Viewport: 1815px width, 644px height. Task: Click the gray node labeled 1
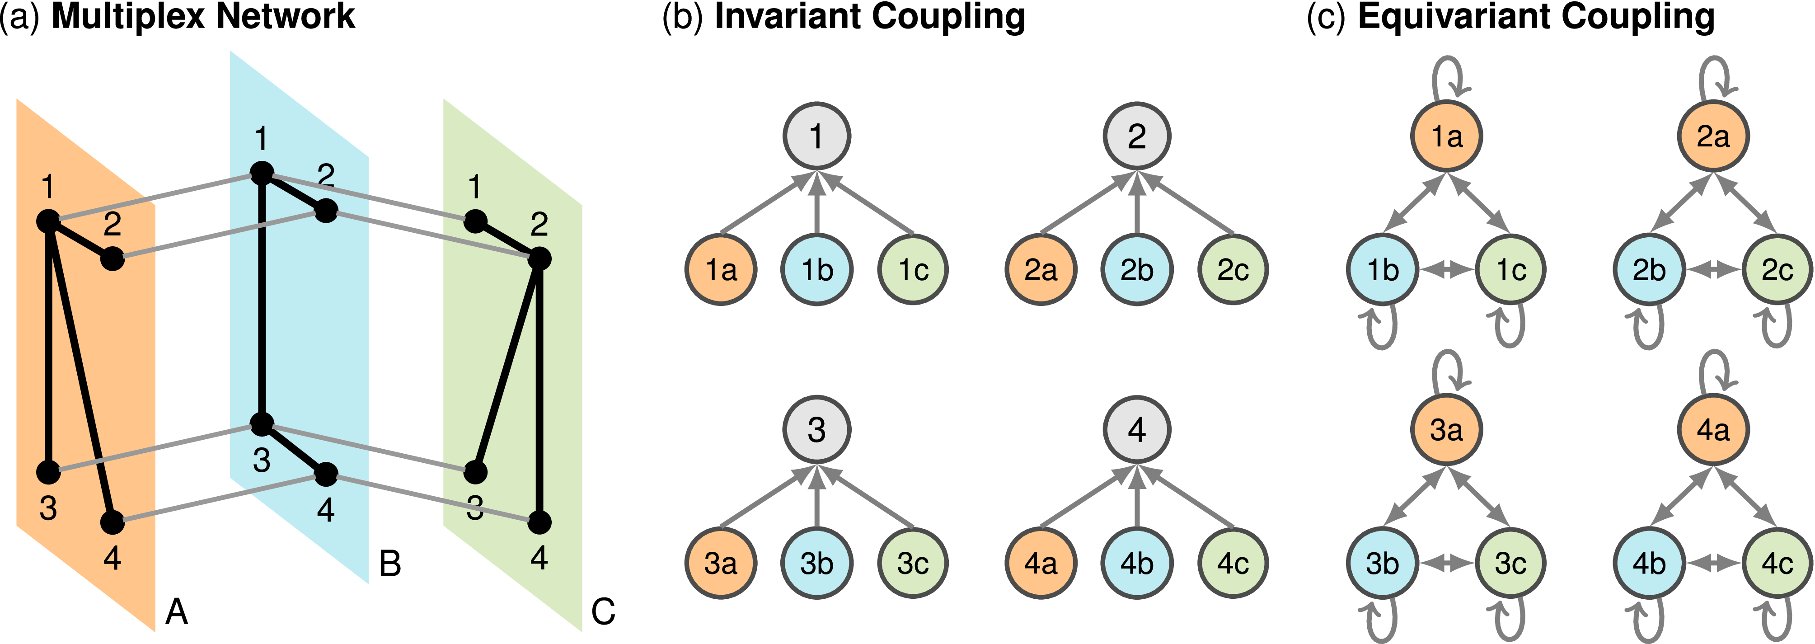click(816, 136)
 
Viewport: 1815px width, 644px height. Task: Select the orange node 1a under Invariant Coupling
click(721, 269)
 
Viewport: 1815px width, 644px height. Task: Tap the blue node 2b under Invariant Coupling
click(1136, 269)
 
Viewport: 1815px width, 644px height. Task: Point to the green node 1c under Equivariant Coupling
click(1510, 269)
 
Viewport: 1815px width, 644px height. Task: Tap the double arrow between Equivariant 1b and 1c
click(1446, 269)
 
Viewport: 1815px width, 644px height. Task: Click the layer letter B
click(389, 564)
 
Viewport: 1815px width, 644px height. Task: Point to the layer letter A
click(176, 611)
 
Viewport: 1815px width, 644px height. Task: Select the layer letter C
click(603, 611)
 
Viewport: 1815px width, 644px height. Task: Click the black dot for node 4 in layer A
click(112, 523)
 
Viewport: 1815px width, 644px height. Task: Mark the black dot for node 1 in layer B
click(262, 173)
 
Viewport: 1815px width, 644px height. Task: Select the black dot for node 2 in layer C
click(539, 259)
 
